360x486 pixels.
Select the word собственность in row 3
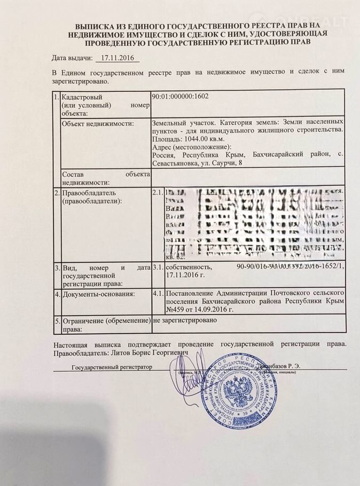(x=190, y=266)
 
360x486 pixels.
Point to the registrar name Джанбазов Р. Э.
(x=286, y=367)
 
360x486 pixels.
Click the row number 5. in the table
(x=57, y=320)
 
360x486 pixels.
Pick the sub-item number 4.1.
(x=158, y=293)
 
